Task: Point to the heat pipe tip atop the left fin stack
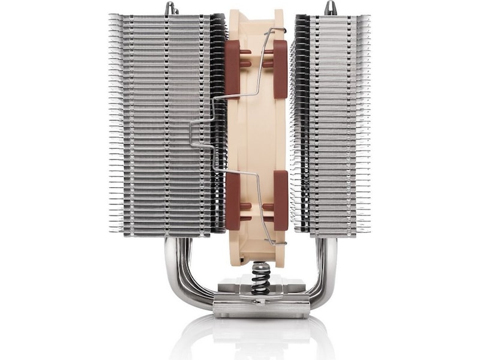[x=172, y=8]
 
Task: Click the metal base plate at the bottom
[x=261, y=308]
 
